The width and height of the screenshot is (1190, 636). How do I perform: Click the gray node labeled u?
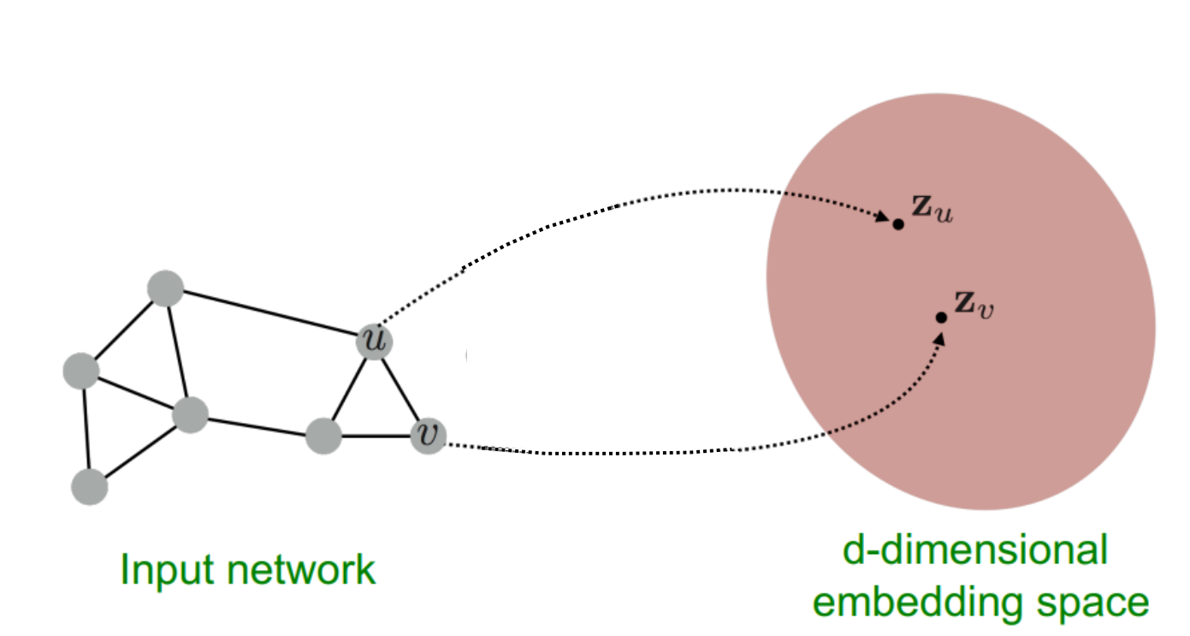pyautogui.click(x=375, y=341)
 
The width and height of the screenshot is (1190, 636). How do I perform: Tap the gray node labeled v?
pyautogui.click(x=429, y=436)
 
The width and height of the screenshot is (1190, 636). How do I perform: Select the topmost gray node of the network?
pyautogui.click(x=165, y=288)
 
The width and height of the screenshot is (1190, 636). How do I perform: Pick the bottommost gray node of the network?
pyautogui.click(x=90, y=487)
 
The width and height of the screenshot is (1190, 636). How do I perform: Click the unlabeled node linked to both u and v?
pyautogui.click(x=324, y=436)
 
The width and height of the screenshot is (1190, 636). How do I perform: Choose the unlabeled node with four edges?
pyautogui.click(x=190, y=415)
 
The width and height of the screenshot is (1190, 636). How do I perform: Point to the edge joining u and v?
pyautogui.click(x=401, y=388)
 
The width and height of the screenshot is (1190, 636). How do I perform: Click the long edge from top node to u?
pyautogui.click(x=269, y=314)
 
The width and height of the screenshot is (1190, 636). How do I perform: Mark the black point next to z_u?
pyautogui.click(x=898, y=224)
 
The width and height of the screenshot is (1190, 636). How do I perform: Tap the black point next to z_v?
pyautogui.click(x=941, y=318)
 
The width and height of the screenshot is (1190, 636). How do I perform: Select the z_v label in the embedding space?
pyautogui.click(x=974, y=304)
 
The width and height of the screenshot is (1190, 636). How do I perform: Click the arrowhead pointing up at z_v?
pyautogui.click(x=940, y=337)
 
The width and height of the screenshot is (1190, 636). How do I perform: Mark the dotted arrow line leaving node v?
pyautogui.click(x=599, y=451)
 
